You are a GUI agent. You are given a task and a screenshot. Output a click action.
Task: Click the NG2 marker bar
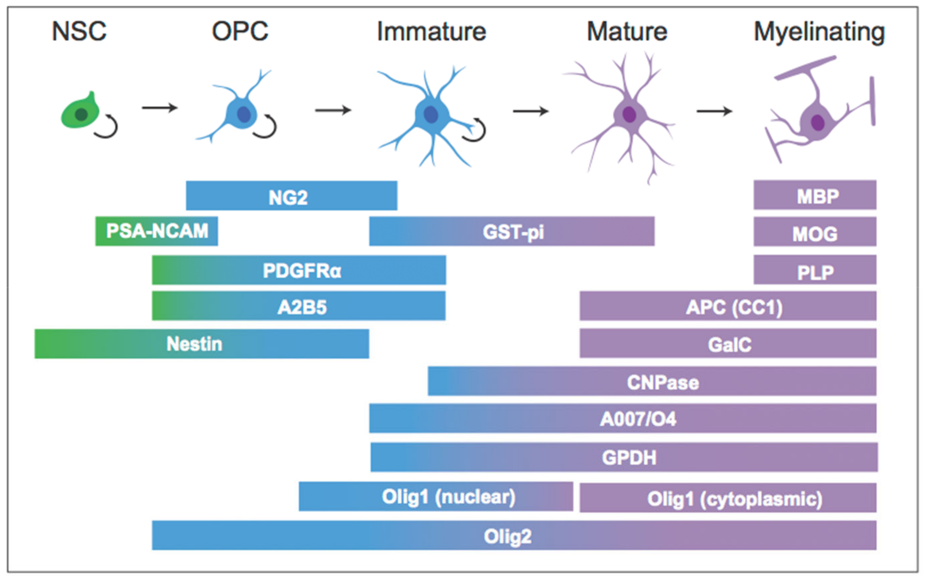coord(291,196)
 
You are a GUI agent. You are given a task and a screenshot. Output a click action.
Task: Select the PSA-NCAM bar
coord(156,231)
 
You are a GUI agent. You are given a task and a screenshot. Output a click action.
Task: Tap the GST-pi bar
coord(511,231)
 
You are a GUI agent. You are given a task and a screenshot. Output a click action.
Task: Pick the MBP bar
coord(815,195)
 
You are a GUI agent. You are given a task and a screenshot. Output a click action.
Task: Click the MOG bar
coord(815,231)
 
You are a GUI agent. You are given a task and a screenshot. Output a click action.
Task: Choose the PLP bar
coord(815,270)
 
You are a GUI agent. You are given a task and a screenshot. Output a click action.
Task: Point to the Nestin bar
coord(202,344)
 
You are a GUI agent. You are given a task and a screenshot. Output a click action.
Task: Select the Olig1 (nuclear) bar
coord(436,496)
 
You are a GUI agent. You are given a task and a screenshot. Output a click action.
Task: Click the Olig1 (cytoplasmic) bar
coord(727,497)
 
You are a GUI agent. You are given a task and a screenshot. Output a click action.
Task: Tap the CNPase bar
coord(652,381)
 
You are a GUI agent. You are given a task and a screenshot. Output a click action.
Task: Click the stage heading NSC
coord(79,32)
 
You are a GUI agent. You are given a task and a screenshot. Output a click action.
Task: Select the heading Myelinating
coord(819,32)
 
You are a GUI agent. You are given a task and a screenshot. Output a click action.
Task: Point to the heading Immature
coord(431,32)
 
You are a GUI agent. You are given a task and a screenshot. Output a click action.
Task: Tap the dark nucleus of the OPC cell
coord(244,114)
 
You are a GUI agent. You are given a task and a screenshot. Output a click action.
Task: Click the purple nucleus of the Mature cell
coord(629,114)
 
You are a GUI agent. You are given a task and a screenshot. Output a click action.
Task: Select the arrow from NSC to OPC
coord(159,108)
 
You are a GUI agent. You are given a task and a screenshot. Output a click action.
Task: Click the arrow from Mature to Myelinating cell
coord(714,111)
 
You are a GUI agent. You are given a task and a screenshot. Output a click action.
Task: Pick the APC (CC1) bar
coord(727,306)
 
